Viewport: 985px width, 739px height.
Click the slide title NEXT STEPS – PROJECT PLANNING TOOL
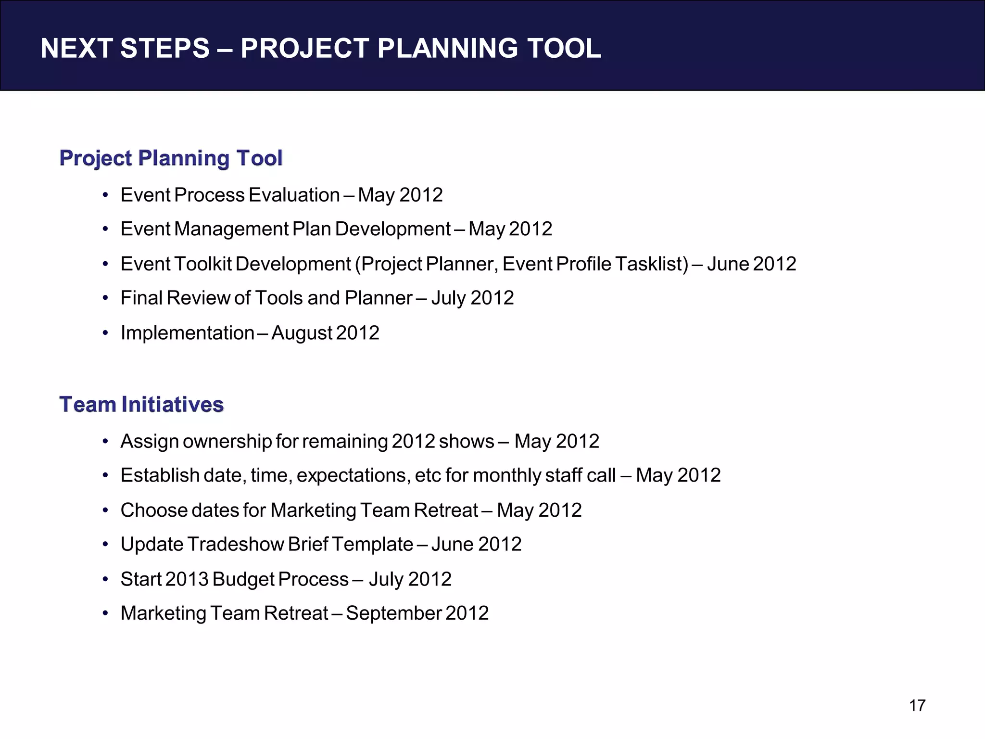tap(320, 49)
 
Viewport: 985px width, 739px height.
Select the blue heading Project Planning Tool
tap(171, 158)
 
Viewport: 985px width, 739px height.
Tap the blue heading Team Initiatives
tap(141, 405)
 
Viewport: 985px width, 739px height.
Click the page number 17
tap(917, 705)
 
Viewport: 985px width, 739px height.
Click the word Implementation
tap(187, 333)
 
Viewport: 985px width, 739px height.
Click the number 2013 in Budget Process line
tap(186, 579)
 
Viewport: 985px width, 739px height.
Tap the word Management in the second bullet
tap(231, 229)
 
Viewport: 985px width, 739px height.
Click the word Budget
tap(243, 579)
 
